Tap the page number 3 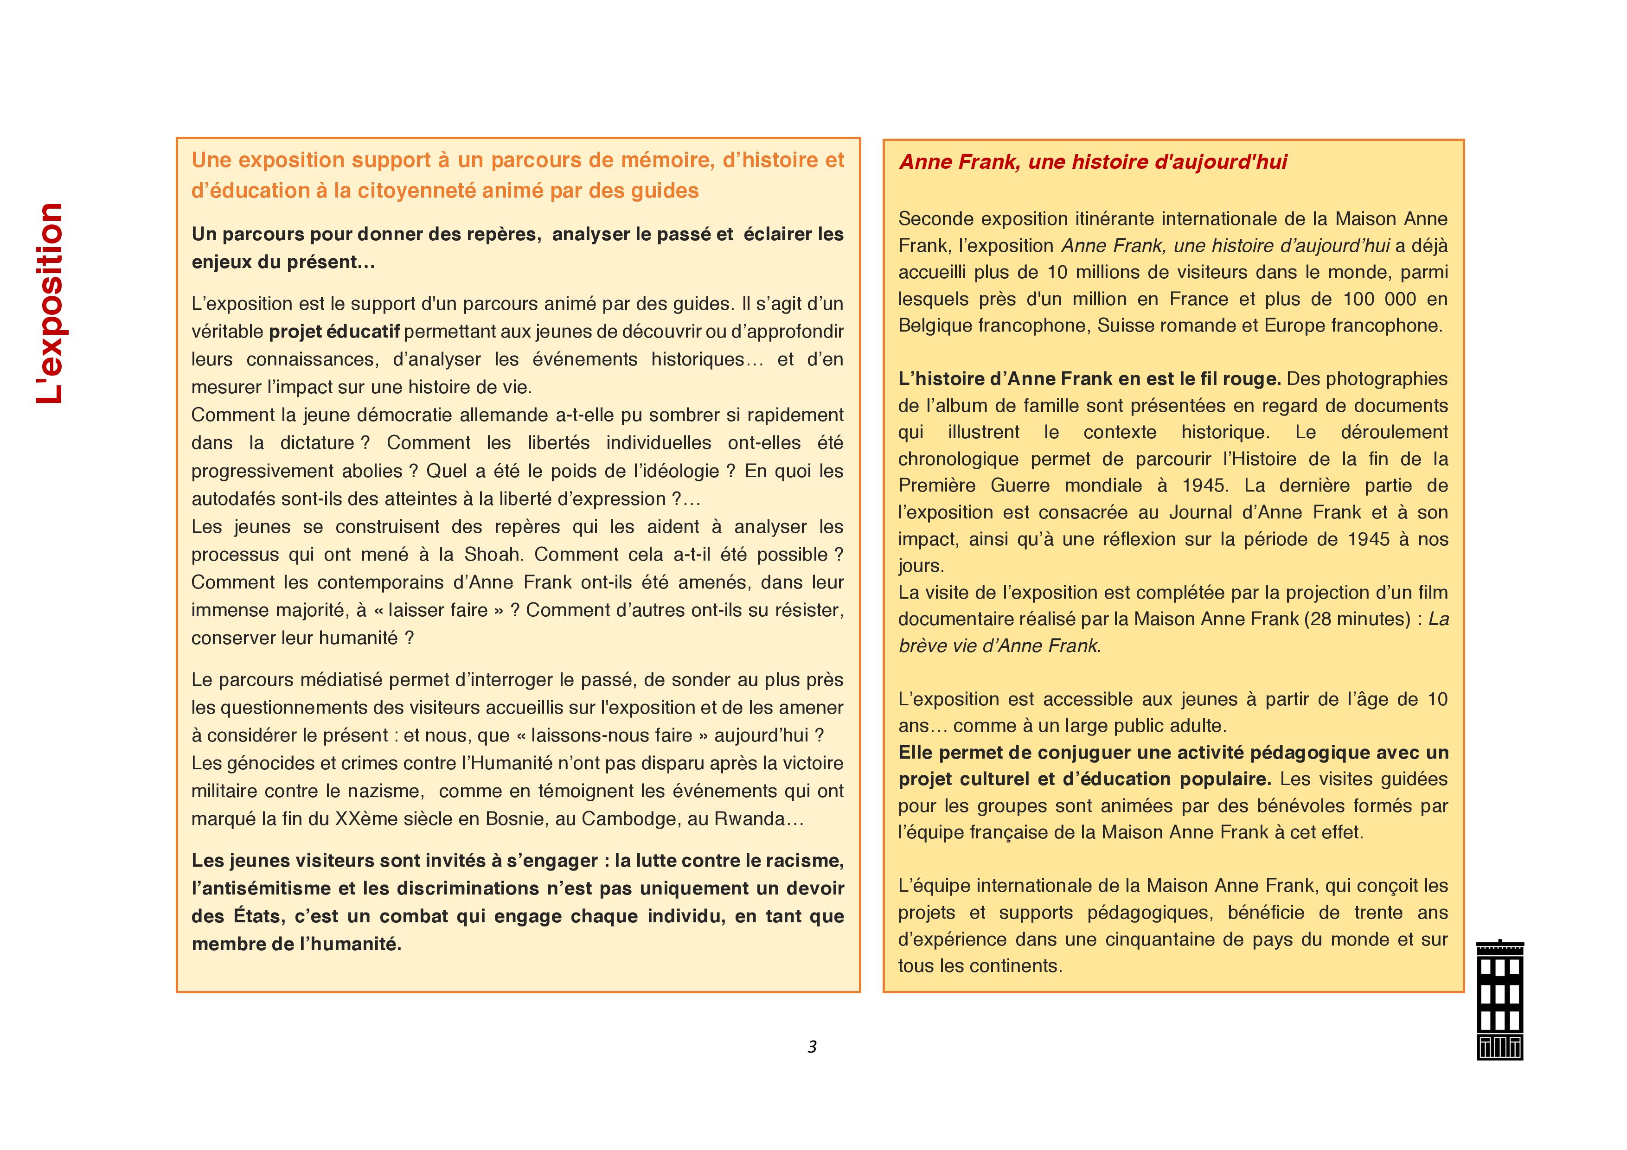click(x=812, y=1047)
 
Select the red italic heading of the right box click(x=1093, y=162)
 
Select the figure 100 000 click(x=1379, y=299)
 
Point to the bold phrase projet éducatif click(x=334, y=332)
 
